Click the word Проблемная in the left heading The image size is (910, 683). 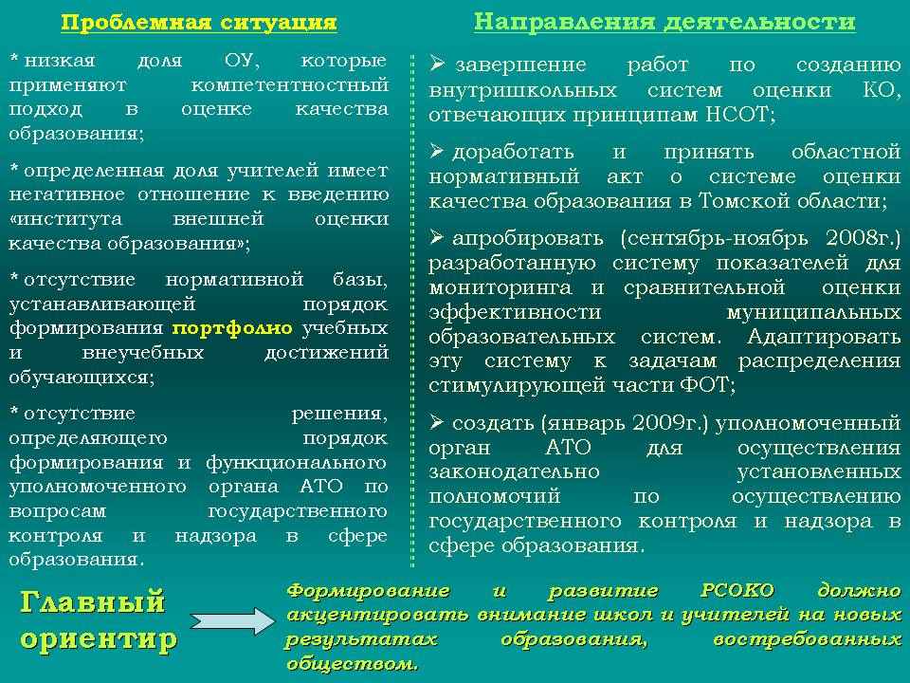(x=136, y=23)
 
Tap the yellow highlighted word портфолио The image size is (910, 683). (x=232, y=329)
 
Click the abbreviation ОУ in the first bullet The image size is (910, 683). (x=242, y=61)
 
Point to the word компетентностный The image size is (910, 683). (x=290, y=85)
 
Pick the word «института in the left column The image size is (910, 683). (x=65, y=219)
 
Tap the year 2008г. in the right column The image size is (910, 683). (x=863, y=238)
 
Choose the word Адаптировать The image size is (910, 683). (x=824, y=336)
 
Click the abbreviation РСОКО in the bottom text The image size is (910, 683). (x=737, y=591)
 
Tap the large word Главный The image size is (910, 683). (x=93, y=602)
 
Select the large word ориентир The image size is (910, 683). (x=99, y=639)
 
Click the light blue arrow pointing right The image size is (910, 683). (x=232, y=621)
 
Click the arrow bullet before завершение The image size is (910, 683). (x=438, y=64)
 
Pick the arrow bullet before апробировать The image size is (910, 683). (x=438, y=237)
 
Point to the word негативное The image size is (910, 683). (x=66, y=194)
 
